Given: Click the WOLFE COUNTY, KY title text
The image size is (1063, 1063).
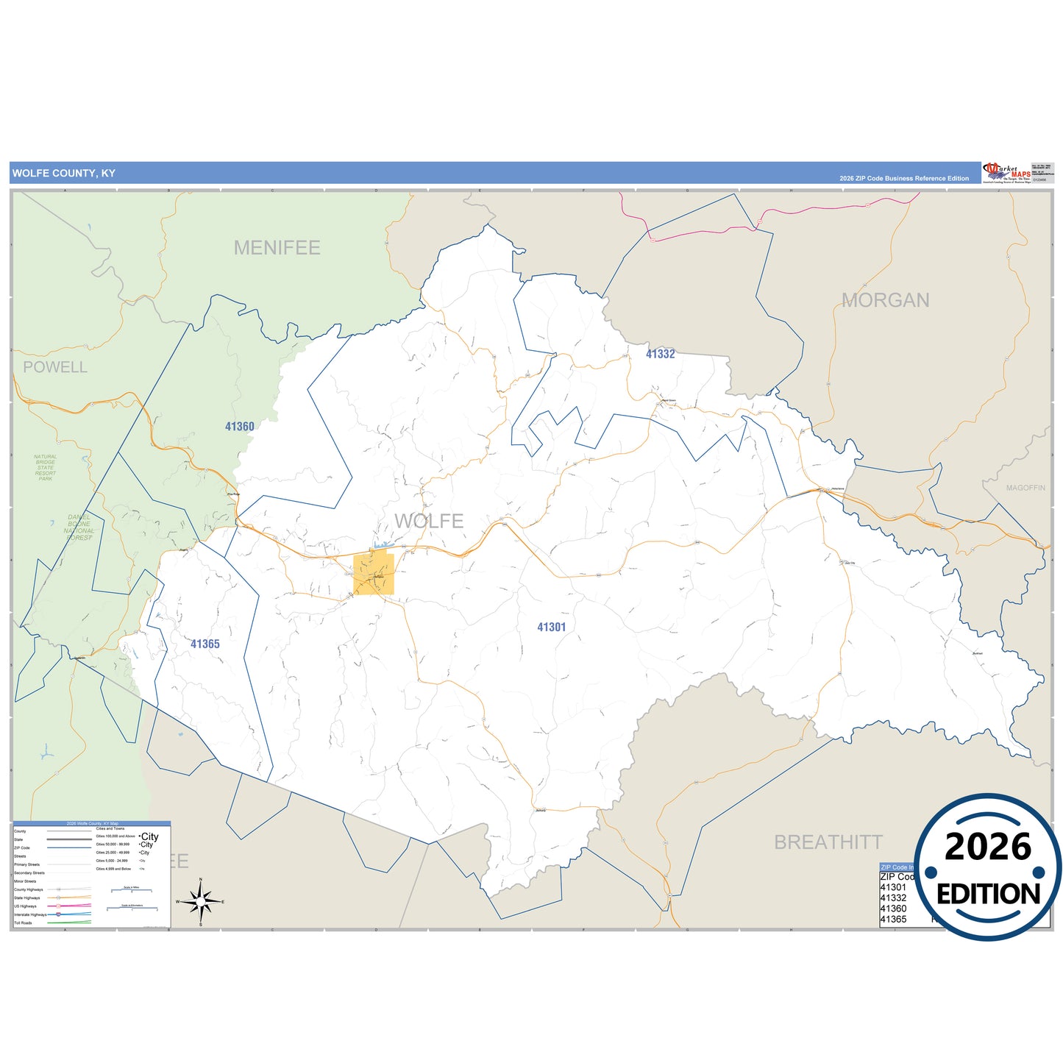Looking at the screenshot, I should [x=64, y=174].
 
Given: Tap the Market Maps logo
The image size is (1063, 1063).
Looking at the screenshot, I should [x=1006, y=173].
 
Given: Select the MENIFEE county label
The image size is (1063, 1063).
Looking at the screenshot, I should [x=277, y=248].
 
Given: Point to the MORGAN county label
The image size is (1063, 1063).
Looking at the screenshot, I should [x=885, y=300].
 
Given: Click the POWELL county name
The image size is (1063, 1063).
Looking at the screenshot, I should [x=55, y=367].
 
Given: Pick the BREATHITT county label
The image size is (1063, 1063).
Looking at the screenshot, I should [x=828, y=842].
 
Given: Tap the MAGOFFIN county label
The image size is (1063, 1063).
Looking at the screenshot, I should [x=1025, y=488].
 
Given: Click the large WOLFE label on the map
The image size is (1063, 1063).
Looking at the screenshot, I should [x=429, y=521].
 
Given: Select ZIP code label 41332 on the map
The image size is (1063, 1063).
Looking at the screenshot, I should [x=660, y=354].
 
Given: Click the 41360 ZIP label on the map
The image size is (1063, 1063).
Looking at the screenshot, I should [x=239, y=427].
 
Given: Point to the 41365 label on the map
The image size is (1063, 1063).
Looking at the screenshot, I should [x=205, y=644].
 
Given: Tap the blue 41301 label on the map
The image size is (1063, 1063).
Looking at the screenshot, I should [x=551, y=628].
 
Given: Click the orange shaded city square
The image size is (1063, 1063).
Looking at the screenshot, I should [x=374, y=575].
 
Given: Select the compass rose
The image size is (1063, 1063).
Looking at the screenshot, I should [x=200, y=901].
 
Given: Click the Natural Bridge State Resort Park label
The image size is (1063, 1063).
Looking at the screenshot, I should [x=46, y=468].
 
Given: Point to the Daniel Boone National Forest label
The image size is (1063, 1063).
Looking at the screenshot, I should [x=79, y=527].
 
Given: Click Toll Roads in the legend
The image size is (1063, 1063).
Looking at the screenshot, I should [x=23, y=922].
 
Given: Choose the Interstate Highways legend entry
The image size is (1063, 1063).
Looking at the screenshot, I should [x=30, y=914].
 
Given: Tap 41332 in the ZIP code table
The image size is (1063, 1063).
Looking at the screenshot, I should [x=893, y=898].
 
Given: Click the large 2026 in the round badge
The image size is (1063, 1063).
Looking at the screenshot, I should [x=988, y=847].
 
